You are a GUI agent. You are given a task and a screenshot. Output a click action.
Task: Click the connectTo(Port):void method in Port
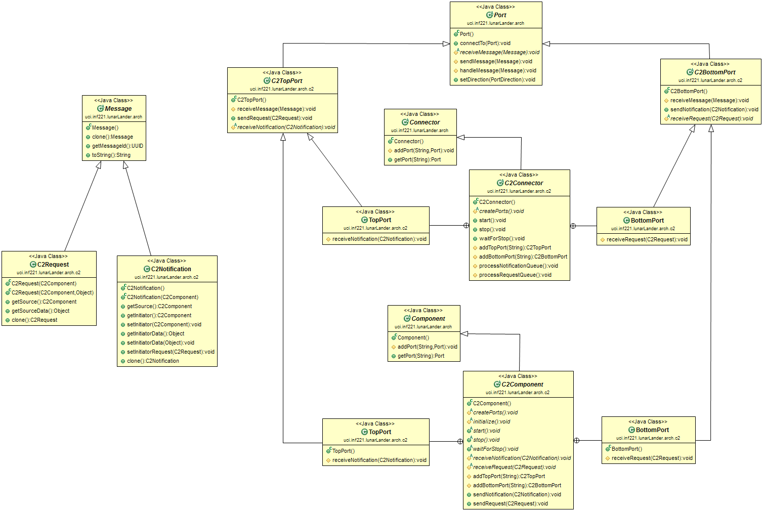(x=485, y=44)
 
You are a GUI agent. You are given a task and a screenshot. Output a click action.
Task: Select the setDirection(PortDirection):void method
(x=497, y=80)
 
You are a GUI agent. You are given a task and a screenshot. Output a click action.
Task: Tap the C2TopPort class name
(x=286, y=81)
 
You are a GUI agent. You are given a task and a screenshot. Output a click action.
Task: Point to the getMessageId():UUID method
(x=117, y=146)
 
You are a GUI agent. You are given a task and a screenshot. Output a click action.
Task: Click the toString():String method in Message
(x=111, y=155)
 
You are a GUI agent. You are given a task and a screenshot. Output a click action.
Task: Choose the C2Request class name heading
(x=53, y=265)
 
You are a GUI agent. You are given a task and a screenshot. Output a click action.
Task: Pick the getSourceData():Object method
(x=40, y=311)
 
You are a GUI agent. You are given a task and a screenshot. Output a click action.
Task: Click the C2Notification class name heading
(x=171, y=269)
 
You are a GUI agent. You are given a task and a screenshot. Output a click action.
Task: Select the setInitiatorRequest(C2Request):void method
(x=171, y=352)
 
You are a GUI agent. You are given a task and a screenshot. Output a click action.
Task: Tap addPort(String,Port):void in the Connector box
(x=423, y=151)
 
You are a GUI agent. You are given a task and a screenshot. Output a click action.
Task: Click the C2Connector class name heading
(x=524, y=183)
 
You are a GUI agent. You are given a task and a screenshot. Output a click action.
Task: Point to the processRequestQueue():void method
(x=515, y=275)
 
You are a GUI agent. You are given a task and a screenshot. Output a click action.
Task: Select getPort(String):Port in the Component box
(x=420, y=356)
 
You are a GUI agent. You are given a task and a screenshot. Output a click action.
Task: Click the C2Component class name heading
(x=522, y=385)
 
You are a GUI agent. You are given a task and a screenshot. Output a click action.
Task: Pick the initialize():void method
(x=491, y=422)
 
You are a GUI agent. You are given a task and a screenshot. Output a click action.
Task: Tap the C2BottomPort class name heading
(x=714, y=72)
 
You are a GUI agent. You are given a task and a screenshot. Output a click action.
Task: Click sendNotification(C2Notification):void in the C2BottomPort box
(x=714, y=110)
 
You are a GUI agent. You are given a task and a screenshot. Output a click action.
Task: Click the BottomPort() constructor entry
(x=626, y=449)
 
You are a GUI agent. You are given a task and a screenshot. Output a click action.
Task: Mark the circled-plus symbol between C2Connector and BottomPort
(x=573, y=226)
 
